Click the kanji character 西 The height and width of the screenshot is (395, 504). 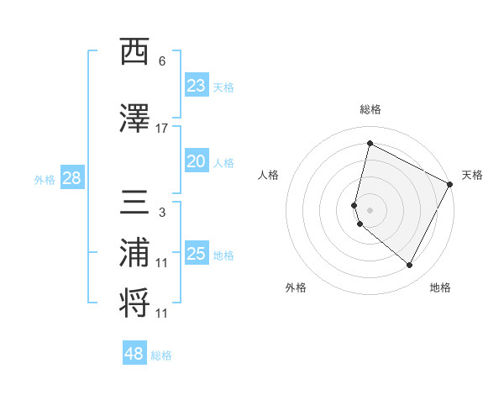(135, 53)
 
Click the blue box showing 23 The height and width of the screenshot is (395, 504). (196, 86)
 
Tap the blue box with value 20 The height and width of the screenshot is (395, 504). (196, 162)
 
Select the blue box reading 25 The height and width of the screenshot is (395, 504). (196, 254)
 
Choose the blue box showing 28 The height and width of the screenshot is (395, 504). (71, 178)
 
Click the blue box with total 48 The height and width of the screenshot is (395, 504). (134, 354)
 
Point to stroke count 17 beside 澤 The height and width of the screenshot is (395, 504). (162, 129)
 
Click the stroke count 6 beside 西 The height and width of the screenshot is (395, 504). (162, 61)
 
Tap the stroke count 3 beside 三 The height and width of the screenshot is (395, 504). (162, 213)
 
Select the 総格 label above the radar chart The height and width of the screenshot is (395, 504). (370, 110)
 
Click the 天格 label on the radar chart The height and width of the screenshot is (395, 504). (472, 175)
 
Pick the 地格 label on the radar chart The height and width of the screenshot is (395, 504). (440, 287)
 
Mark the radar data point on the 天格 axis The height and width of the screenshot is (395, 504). (451, 185)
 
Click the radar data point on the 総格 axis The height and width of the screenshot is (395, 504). (370, 144)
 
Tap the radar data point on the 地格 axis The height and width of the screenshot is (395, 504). (410, 266)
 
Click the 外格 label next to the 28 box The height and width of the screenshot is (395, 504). (45, 179)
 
